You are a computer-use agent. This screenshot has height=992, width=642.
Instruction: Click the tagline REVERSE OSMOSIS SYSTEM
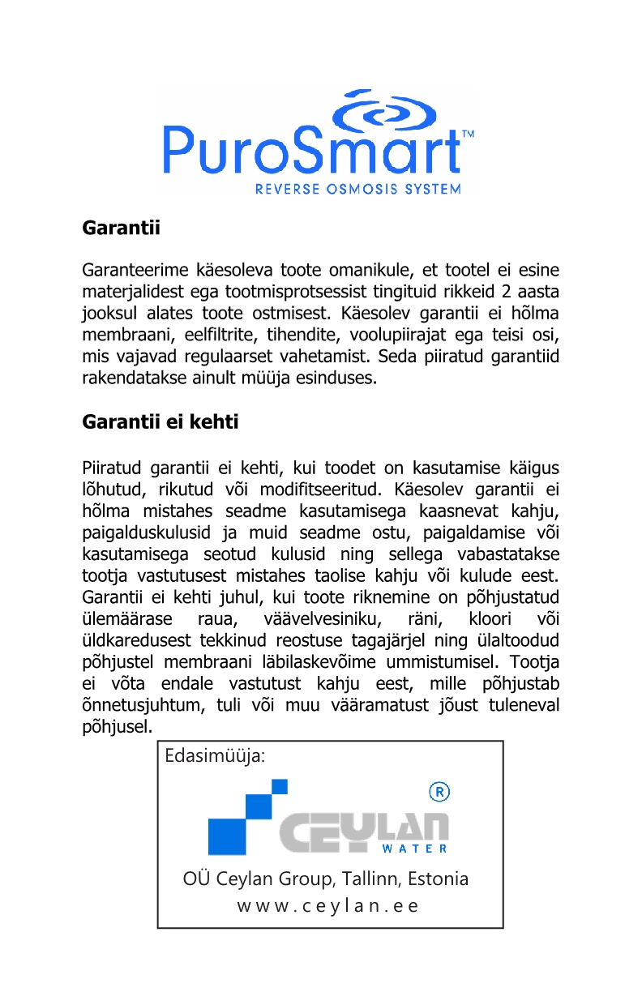click(358, 190)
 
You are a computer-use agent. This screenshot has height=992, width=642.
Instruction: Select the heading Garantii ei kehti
click(160, 422)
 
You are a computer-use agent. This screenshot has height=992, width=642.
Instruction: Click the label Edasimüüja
click(215, 756)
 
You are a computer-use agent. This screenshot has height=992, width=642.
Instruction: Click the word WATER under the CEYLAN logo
click(414, 849)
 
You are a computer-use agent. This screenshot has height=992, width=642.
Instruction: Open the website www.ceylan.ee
click(328, 906)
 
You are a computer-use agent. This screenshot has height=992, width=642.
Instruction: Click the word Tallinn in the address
click(370, 879)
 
